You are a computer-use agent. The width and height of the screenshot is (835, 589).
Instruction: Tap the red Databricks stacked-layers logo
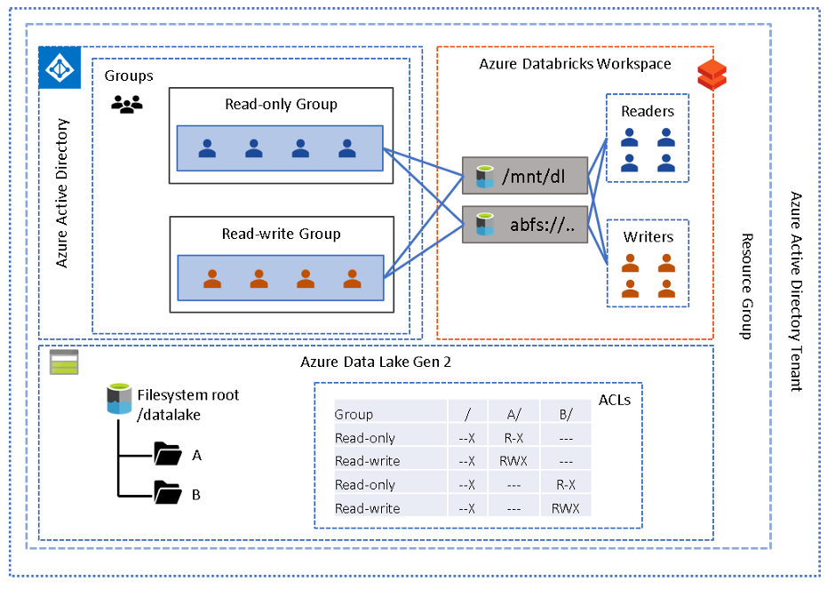pos(712,75)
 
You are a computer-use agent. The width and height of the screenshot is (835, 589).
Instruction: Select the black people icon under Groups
pos(126,104)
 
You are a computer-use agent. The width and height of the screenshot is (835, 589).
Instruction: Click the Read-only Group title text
pos(281,104)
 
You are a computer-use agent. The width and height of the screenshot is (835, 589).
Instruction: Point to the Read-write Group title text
pos(281,235)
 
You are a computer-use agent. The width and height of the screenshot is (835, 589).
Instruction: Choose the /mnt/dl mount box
pos(525,175)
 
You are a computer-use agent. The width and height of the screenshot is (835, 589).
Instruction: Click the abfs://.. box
pos(525,224)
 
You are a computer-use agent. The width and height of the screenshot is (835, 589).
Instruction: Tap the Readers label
pos(647,111)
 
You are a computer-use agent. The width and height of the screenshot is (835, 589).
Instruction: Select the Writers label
pos(648,237)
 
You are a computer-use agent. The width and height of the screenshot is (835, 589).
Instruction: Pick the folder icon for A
pos(167,455)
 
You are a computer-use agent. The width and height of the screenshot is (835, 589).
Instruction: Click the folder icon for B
pos(167,492)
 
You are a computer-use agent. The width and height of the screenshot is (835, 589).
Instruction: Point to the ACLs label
pos(615,400)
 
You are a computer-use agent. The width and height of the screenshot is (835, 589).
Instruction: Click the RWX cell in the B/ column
pos(565,508)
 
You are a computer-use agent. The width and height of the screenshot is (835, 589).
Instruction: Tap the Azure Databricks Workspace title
pos(575,64)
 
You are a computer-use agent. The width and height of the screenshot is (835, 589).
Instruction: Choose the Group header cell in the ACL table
pos(354,414)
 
